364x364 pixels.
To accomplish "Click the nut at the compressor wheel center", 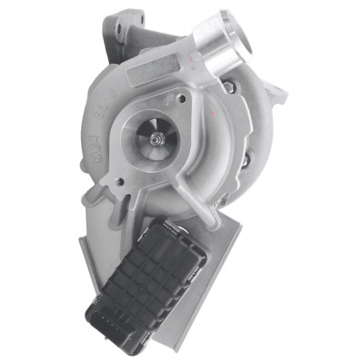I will pyautogui.click(x=161, y=137).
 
